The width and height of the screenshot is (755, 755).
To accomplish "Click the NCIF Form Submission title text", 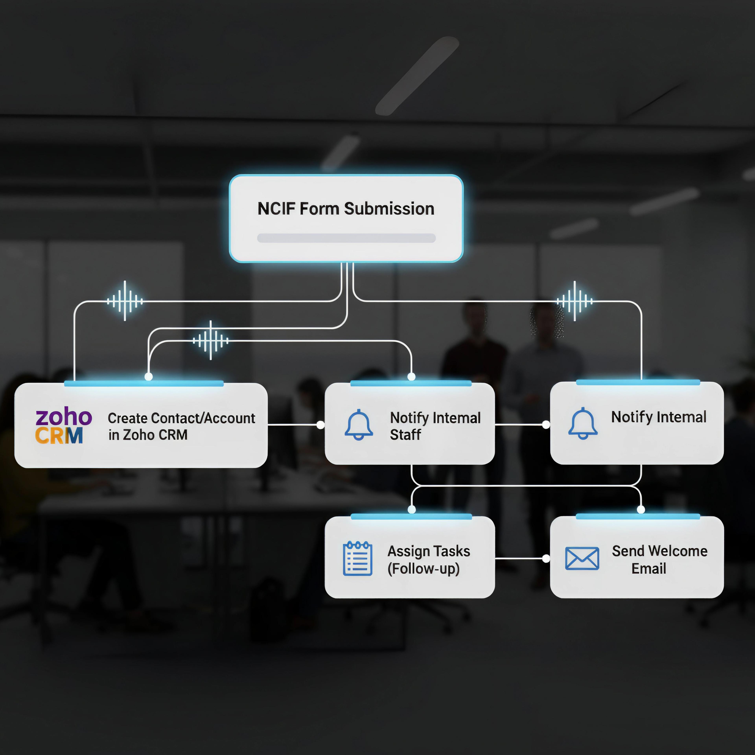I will click(x=346, y=209).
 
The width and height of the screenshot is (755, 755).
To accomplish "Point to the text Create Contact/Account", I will click(x=181, y=418).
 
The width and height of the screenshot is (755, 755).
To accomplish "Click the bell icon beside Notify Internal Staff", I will click(x=358, y=425).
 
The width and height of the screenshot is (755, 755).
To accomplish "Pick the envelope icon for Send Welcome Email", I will click(x=582, y=558).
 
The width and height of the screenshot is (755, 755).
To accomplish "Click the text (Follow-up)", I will click(x=423, y=569).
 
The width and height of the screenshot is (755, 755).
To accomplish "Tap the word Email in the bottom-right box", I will click(x=649, y=569).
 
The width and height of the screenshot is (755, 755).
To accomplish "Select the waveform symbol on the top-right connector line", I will click(x=575, y=301).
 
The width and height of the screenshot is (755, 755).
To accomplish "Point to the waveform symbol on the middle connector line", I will click(x=211, y=340).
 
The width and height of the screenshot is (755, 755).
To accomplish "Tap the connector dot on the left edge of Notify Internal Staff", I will click(x=320, y=425).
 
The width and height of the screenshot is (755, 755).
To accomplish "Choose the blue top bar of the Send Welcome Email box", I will click(x=638, y=517).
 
